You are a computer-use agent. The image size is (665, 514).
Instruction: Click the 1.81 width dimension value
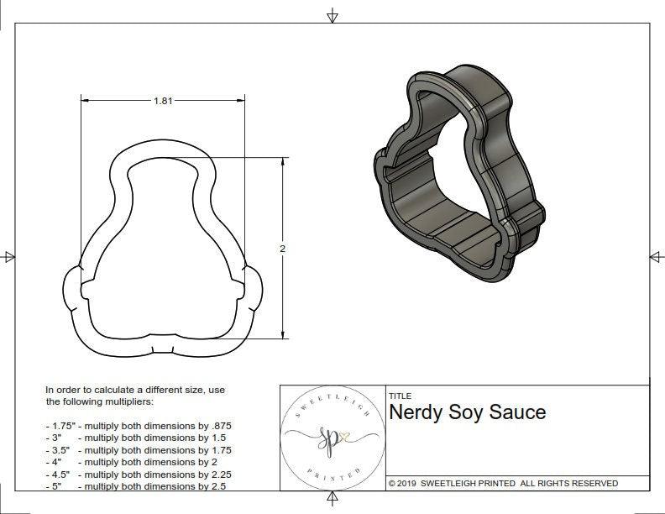coord(164,101)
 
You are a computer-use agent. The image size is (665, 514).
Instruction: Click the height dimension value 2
coord(282,249)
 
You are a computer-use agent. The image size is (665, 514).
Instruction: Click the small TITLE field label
coord(400,396)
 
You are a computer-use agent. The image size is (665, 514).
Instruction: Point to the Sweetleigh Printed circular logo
coord(332,438)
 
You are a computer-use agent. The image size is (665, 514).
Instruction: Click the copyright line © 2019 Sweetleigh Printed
coord(503,483)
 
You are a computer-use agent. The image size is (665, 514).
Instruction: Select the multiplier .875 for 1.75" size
coord(220,426)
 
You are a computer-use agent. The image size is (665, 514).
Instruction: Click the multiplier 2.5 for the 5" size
coord(217,486)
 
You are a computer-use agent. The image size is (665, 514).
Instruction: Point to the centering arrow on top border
coord(332,15)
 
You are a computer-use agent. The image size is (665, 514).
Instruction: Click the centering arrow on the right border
coord(656,256)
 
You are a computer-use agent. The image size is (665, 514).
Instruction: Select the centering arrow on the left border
coord(9,256)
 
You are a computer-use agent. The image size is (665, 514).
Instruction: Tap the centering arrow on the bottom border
coord(332,501)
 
